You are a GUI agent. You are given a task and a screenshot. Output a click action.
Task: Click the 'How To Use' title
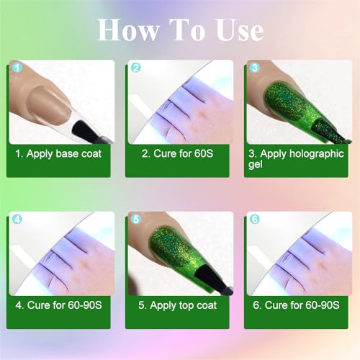point(180,30)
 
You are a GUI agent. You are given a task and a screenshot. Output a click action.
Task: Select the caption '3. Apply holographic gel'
point(295,158)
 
